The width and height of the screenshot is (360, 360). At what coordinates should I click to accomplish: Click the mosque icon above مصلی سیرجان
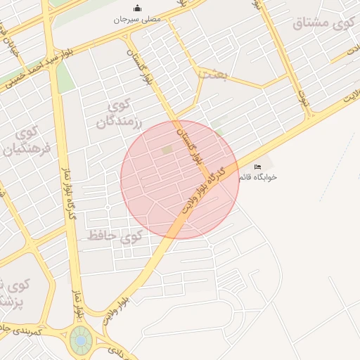point(137,8)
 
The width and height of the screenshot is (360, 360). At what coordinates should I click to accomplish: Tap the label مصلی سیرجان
point(138,19)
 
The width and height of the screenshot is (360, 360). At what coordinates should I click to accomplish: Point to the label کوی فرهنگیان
point(28,140)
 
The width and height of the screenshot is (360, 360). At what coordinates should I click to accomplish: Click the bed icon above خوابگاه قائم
point(257,167)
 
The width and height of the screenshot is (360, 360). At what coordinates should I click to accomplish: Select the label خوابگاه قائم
point(257,177)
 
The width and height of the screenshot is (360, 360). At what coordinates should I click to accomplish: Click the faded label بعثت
point(211,73)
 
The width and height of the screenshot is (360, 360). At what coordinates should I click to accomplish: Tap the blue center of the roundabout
point(81,341)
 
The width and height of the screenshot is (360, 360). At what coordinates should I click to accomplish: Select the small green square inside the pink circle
point(167,150)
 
